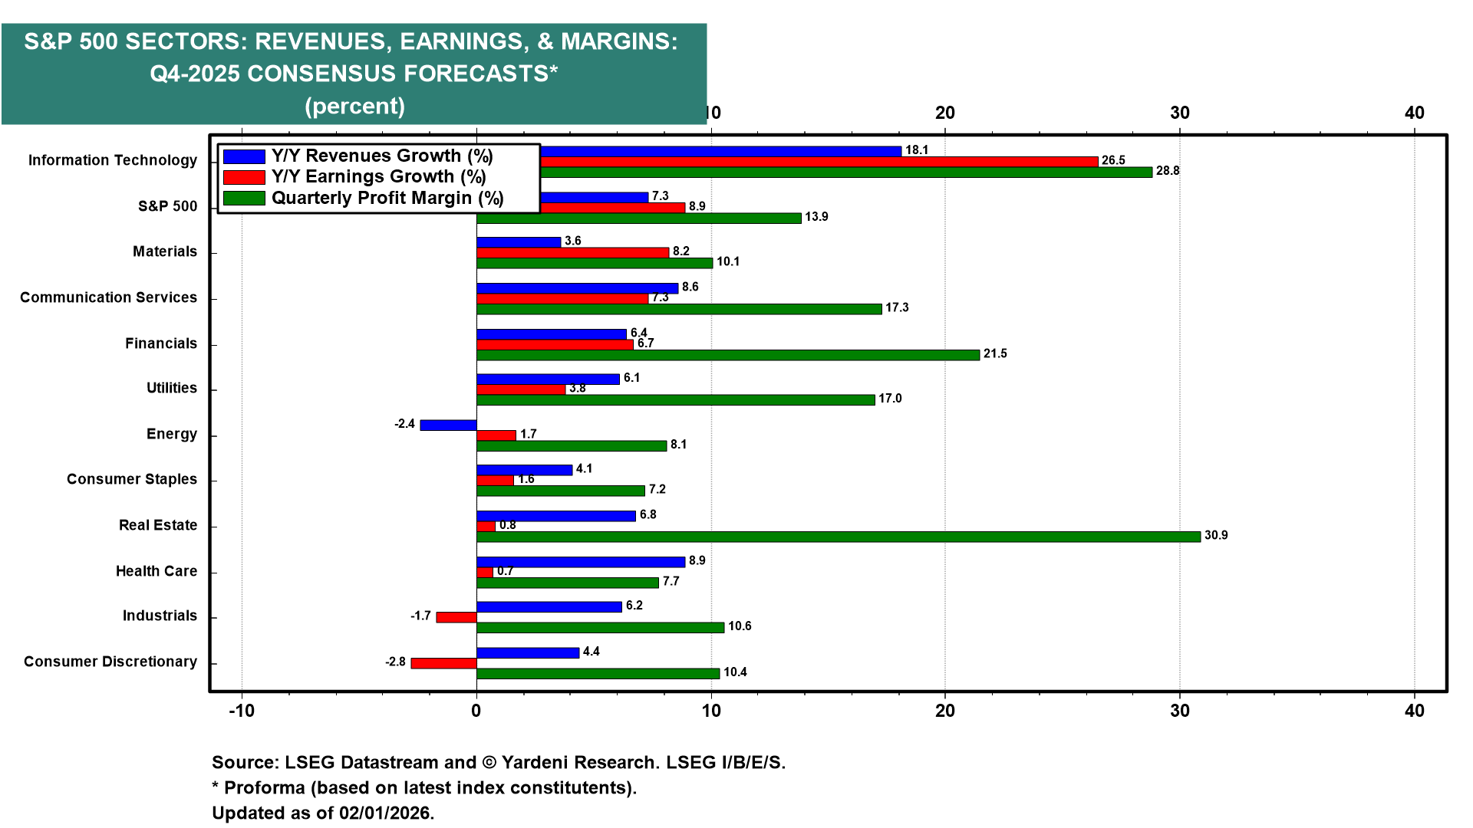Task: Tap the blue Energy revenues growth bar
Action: [x=448, y=425]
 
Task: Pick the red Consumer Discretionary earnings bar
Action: [x=443, y=663]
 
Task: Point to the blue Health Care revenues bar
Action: [x=580, y=562]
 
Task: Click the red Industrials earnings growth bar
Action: [x=456, y=617]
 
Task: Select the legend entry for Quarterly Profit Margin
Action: [x=387, y=198]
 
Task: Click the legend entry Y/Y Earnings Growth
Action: [x=378, y=177]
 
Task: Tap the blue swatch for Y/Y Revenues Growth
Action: [x=244, y=156]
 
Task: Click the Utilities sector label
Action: [x=171, y=388]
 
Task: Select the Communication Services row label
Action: [x=108, y=297]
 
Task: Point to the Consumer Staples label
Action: [x=131, y=479]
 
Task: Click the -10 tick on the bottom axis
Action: [x=242, y=711]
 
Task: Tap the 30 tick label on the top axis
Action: [x=1179, y=113]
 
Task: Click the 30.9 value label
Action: [x=1216, y=535]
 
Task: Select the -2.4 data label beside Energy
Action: [x=404, y=424]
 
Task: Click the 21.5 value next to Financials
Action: [x=995, y=353]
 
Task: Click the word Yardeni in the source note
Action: [x=538, y=762]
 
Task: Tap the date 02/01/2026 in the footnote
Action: [x=386, y=813]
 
